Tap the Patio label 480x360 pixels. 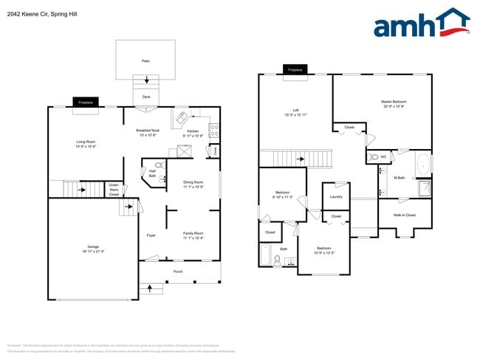(145, 61)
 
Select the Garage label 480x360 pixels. (93, 249)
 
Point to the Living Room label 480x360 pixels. (86, 144)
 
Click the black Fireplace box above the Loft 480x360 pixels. (295, 70)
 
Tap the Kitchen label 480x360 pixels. (193, 133)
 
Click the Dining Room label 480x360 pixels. (193, 184)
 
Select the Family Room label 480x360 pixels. (193, 235)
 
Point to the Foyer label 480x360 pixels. (151, 235)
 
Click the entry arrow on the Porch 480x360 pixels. (151, 287)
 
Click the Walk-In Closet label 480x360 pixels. (405, 215)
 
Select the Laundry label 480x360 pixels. (335, 197)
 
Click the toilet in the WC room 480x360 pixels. (375, 157)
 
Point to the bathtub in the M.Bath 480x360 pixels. (423, 165)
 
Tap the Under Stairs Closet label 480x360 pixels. (114, 189)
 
